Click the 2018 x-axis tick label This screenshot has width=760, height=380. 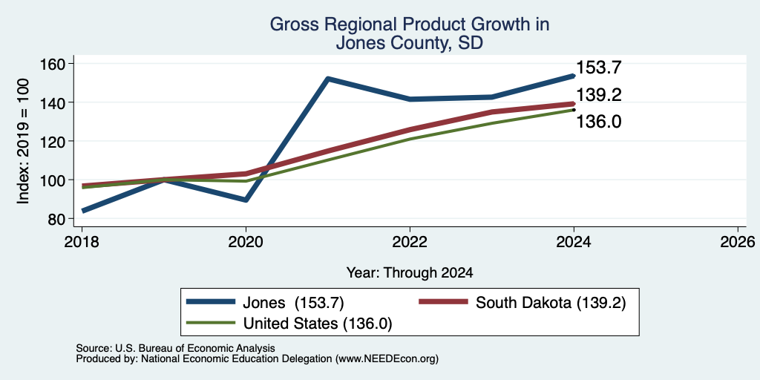[x=82, y=241]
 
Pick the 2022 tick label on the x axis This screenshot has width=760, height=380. [x=410, y=241]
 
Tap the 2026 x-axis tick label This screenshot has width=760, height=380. [x=738, y=241]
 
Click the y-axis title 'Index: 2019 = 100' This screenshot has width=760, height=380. [x=23, y=141]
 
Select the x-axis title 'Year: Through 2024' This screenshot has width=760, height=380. [x=410, y=273]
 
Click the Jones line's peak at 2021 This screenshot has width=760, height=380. [x=328, y=79]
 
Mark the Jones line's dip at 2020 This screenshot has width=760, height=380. [x=246, y=200]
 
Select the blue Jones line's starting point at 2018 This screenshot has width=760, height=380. [x=83, y=210]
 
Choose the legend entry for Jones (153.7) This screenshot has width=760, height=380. [x=265, y=303]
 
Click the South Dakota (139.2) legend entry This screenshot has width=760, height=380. [x=522, y=303]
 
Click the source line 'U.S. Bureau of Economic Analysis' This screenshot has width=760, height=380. [x=195, y=349]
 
